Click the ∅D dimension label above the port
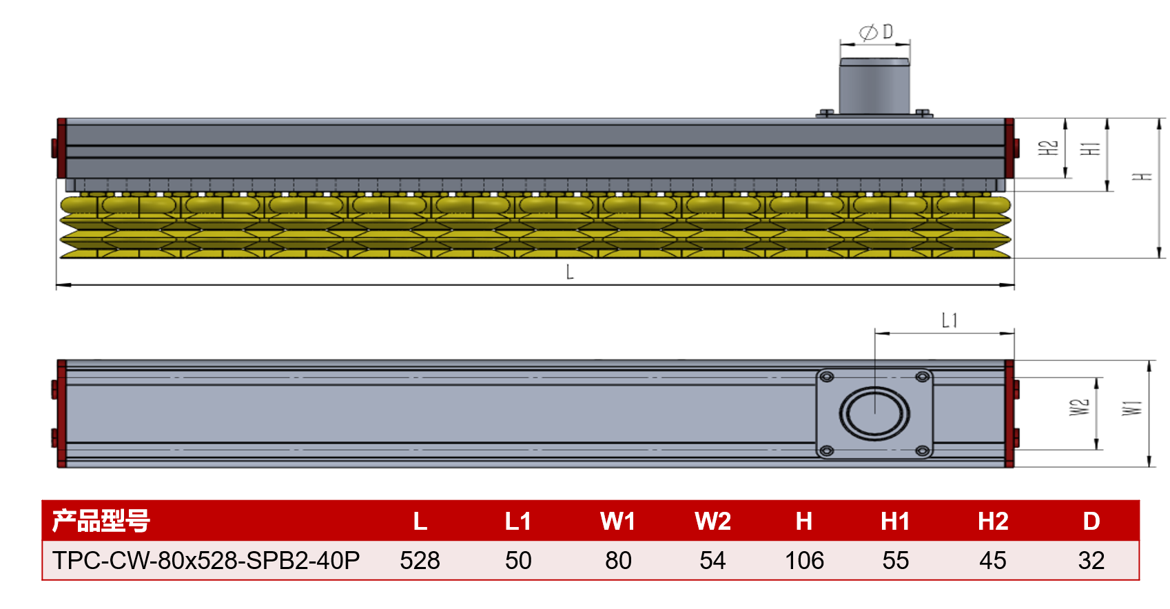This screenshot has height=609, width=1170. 876,32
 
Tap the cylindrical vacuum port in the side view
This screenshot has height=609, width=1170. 874,86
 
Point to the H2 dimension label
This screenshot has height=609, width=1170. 1047,148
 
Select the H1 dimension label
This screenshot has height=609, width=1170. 1089,149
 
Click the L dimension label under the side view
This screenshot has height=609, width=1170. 570,271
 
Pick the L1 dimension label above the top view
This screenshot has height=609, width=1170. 950,320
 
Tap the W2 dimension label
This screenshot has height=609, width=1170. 1079,407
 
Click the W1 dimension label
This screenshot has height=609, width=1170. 1131,408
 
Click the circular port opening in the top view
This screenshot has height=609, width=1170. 874,413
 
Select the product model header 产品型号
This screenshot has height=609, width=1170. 101,521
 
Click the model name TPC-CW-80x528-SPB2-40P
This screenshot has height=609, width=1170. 206,560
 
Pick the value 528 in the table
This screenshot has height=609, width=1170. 420,560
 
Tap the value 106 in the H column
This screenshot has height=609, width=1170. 804,560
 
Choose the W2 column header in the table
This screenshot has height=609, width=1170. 712,522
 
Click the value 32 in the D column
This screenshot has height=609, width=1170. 1091,560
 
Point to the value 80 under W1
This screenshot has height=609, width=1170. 619,560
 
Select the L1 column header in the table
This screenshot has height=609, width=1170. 517,522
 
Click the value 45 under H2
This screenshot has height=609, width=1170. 992,560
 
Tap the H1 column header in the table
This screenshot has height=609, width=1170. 895,522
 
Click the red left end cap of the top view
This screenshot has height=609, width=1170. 61,413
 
